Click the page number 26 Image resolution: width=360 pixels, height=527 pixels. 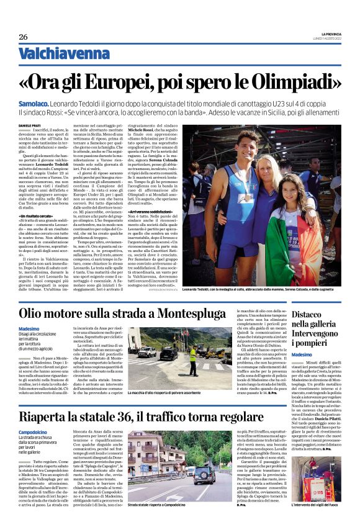point(23,36)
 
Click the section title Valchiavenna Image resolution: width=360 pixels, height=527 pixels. point(54,54)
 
